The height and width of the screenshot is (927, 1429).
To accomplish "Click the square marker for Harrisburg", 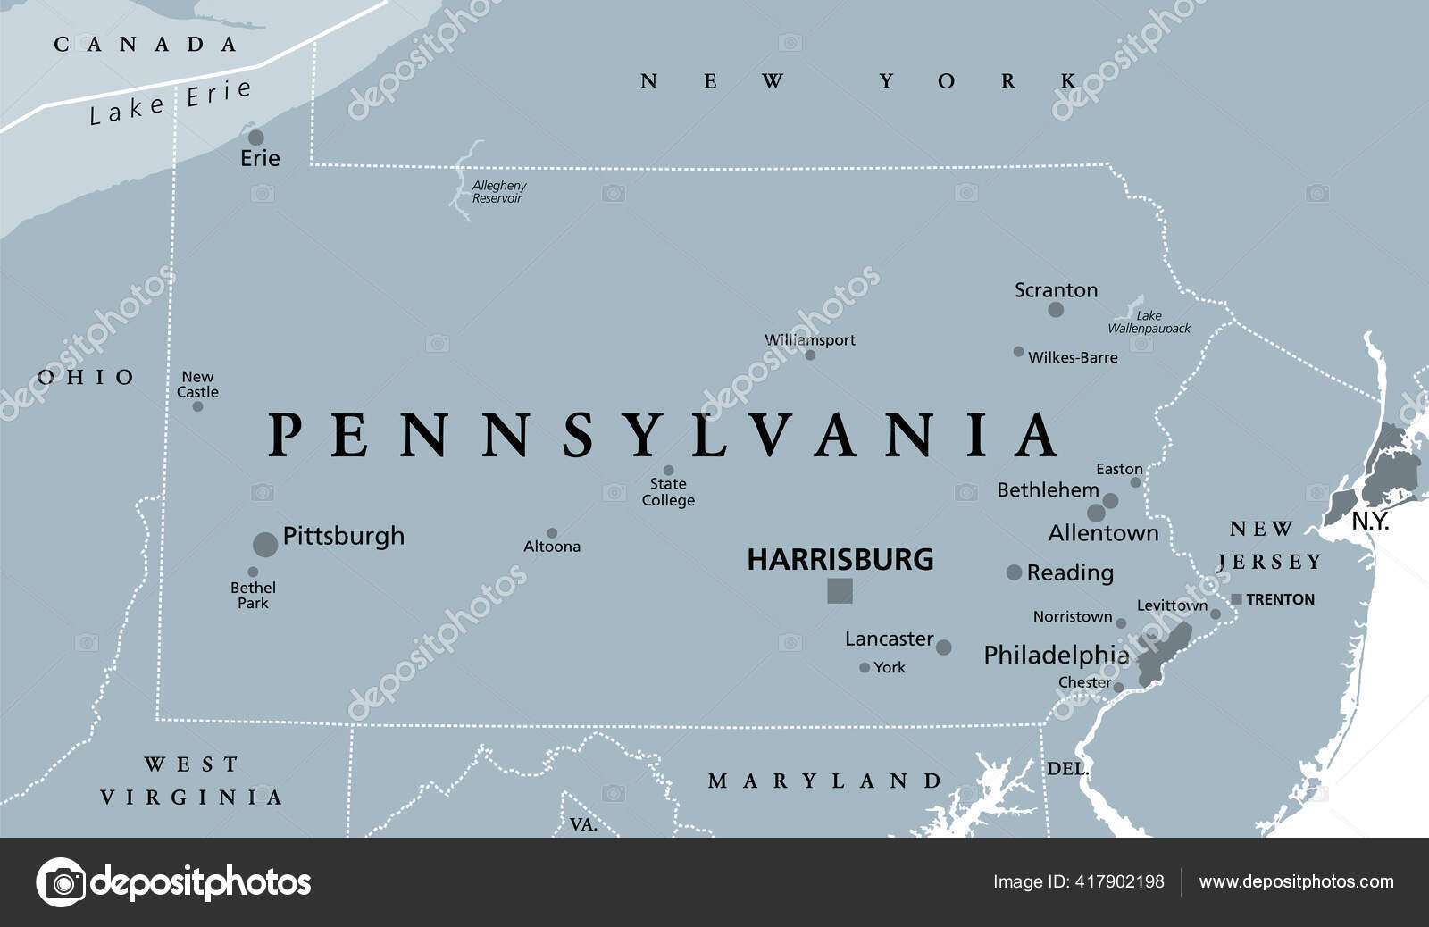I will point(840,590).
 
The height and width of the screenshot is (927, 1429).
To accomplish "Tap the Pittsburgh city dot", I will point(265,544).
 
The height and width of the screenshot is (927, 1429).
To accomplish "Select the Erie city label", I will point(260,158).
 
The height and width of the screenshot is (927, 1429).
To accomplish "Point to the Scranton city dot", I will point(1056,310).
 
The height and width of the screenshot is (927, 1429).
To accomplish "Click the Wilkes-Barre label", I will point(1073,357).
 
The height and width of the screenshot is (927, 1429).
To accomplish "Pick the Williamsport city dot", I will point(810,355).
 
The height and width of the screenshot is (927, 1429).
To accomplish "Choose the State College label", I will point(668,492).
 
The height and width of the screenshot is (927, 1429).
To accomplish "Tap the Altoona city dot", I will point(552,533).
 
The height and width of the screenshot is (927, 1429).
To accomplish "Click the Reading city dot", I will point(1014,572).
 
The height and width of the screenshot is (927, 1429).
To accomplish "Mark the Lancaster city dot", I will point(943,647).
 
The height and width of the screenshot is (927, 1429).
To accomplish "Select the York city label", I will point(890,667).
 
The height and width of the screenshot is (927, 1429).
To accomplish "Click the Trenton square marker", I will point(1236,599).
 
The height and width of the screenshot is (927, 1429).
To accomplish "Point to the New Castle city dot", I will point(198,406).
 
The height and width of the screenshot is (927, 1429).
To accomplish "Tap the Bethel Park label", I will point(253,595).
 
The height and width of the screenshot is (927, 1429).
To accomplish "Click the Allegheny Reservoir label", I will point(499,192).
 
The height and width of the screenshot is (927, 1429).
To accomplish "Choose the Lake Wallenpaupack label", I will point(1149,322).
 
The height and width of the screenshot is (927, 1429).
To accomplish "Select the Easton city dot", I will point(1135,482).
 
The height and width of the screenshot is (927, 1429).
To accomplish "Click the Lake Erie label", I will point(171,103).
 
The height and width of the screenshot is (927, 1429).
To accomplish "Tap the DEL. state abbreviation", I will point(1067,768).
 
